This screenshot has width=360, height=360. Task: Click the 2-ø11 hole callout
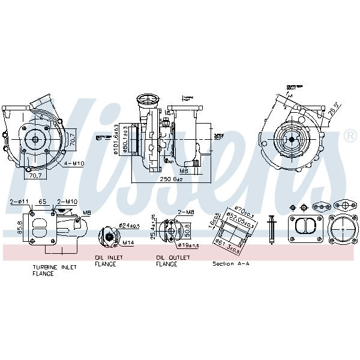click(x=20, y=202)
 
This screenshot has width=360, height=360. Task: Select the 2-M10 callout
click(x=67, y=202)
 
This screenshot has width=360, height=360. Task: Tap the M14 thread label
click(x=127, y=243)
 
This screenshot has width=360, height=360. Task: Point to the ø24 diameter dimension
click(x=129, y=225)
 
